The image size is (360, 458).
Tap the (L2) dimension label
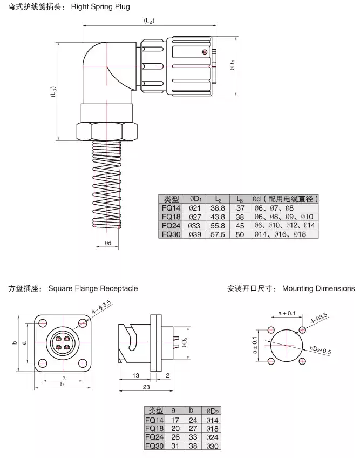(x=150, y=20)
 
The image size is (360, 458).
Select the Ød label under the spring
(x=108, y=243)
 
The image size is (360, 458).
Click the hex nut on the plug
(x=108, y=131)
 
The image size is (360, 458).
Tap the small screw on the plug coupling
(x=205, y=52)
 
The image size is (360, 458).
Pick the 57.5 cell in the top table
(x=217, y=235)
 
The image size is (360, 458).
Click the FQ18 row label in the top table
(x=171, y=217)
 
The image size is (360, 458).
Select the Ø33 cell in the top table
(x=194, y=226)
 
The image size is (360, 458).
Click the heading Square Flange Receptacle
(x=92, y=288)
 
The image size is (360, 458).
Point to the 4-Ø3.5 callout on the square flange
(x=102, y=308)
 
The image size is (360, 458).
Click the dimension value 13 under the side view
(x=135, y=375)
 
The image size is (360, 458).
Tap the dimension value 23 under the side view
(x=147, y=387)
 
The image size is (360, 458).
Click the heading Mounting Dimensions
(x=318, y=288)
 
